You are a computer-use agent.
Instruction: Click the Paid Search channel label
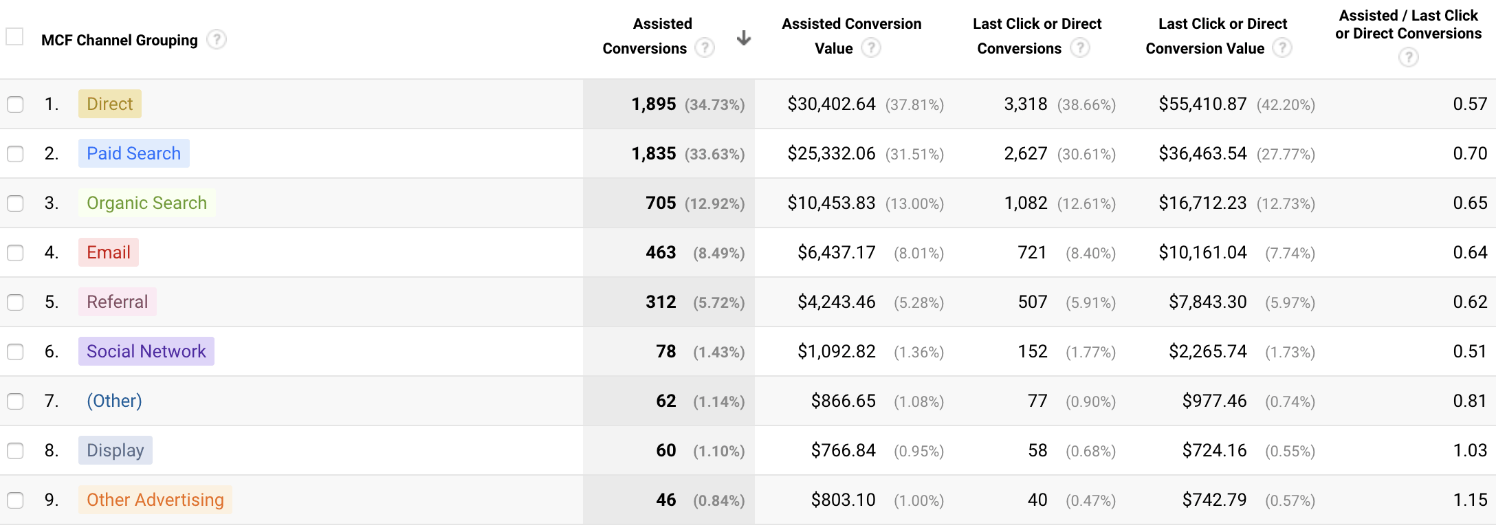coord(133,153)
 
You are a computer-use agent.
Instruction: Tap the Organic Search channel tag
coord(146,203)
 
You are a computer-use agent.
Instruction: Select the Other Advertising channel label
coord(155,500)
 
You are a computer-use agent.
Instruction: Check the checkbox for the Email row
coord(15,253)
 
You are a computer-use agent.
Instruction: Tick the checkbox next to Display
coord(15,451)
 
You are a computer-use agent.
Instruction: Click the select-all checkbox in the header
coord(14,36)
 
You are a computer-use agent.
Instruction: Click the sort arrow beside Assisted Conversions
coord(743,38)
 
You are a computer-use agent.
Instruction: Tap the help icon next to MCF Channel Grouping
coord(217,39)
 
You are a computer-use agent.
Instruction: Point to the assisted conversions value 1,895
coord(653,104)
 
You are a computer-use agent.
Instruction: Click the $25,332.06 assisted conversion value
coord(831,153)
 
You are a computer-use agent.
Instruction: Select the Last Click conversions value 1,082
coord(1025,203)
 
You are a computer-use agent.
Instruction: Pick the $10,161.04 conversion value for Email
coord(1202,252)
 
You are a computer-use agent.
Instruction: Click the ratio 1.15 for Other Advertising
coord(1470,500)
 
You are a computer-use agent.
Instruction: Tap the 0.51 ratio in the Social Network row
coord(1470,351)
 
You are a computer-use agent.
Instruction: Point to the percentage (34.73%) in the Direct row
coord(715,104)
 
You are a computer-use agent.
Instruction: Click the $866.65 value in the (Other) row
coord(843,401)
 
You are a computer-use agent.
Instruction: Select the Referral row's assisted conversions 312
coord(661,302)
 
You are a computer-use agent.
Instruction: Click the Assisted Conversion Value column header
coord(851,36)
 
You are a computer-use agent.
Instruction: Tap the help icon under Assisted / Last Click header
coord(1408,57)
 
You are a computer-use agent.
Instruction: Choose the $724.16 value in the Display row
coord(1214,450)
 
